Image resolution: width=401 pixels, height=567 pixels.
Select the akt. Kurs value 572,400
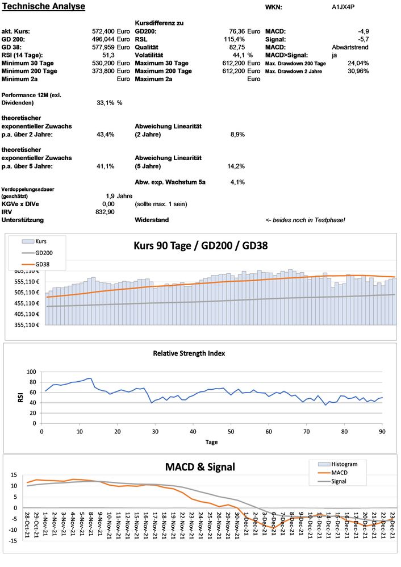pos(105,31)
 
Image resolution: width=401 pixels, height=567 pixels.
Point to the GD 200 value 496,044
pos(105,39)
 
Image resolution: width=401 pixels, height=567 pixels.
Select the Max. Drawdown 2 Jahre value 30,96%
pos(358,71)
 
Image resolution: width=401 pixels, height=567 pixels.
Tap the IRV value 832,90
pos(105,211)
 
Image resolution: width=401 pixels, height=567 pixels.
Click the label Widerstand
pos(152,220)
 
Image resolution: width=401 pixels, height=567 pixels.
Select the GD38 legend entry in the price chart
pos(42,264)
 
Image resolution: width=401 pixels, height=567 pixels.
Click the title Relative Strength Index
pos(189,353)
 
